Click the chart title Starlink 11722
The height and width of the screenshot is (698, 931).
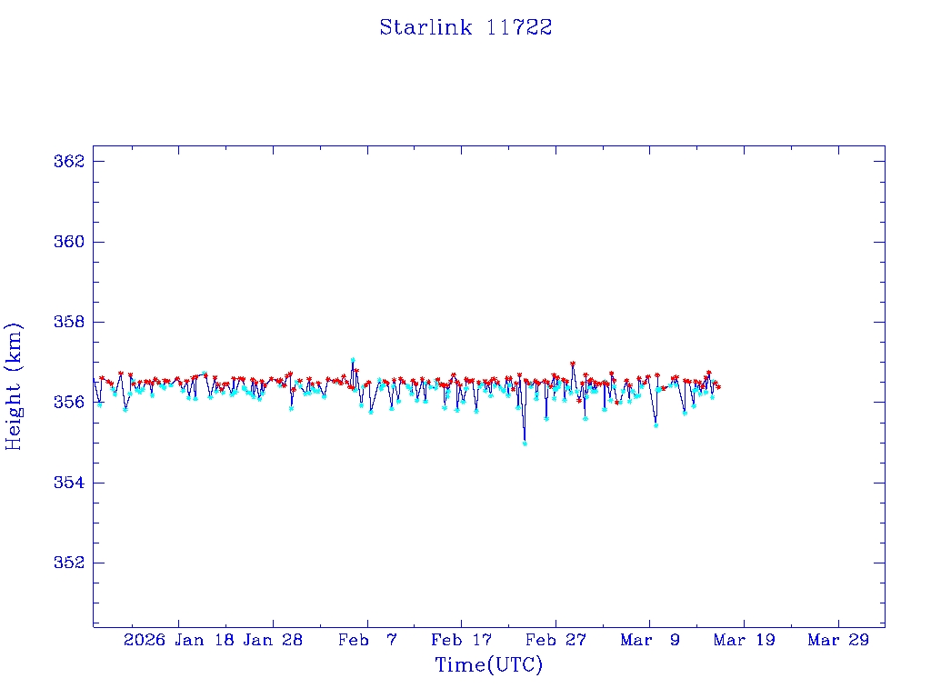point(465,27)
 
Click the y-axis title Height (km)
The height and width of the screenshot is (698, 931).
point(14,386)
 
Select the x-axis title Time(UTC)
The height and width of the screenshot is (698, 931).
point(488,665)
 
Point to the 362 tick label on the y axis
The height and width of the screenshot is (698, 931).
point(69,162)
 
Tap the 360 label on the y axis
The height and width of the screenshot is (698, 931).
point(69,242)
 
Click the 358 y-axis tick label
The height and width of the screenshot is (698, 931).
point(69,322)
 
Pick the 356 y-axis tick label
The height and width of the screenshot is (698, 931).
point(69,402)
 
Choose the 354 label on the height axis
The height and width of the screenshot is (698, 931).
point(69,483)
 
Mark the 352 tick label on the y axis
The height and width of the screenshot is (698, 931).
point(69,563)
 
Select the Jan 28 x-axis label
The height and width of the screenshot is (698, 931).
point(273,640)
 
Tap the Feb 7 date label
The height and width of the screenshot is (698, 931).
point(367,640)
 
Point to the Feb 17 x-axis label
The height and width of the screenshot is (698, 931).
point(461,640)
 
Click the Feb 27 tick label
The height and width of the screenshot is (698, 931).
point(556,640)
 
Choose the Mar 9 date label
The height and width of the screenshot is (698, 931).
point(650,640)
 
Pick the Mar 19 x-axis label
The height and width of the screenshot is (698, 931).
point(744,640)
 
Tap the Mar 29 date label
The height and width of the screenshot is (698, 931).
point(838,640)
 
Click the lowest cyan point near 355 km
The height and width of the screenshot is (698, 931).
point(525,443)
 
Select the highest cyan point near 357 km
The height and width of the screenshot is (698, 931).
point(353,360)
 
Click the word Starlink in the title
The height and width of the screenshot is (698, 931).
point(425,27)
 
